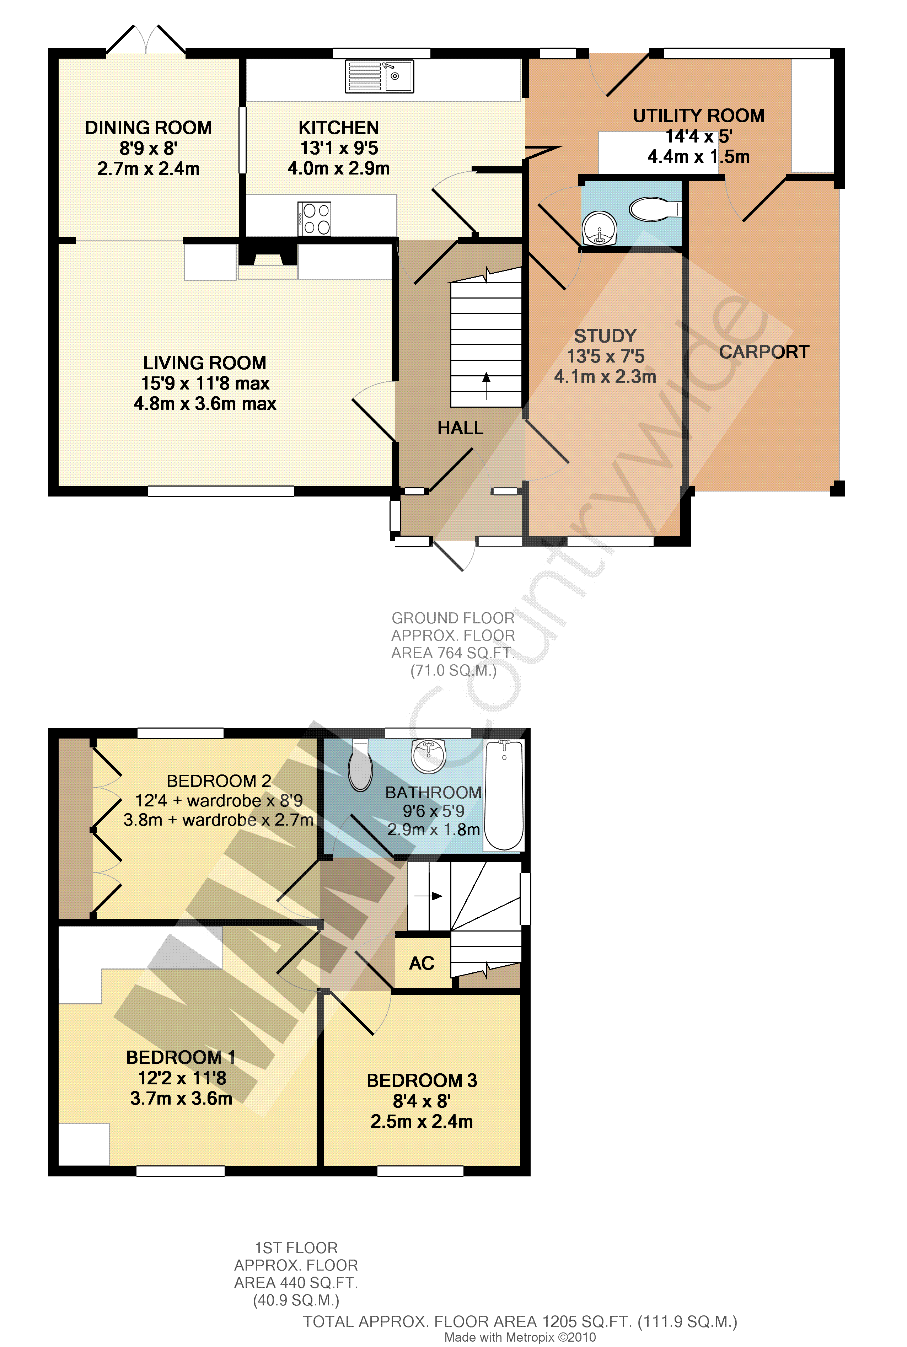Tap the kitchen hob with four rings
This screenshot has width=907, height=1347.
point(314,219)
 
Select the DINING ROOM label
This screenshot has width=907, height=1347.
point(149,128)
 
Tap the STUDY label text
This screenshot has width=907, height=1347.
point(605,336)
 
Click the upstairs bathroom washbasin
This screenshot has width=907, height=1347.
point(428,755)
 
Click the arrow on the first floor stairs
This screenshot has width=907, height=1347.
point(429,896)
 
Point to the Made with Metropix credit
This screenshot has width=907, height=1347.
point(520,1337)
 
